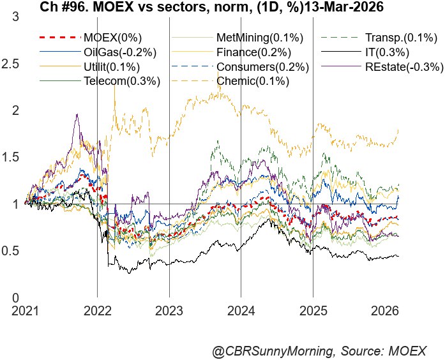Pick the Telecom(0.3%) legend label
pyautogui.click(x=121, y=81)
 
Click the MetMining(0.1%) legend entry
pyautogui.click(x=260, y=38)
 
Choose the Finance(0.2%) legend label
pyautogui.click(x=255, y=52)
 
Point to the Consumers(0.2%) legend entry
pyautogui.click(x=262, y=67)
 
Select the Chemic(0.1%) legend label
pyautogui.click(x=253, y=81)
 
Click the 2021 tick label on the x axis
pyautogui.click(x=25, y=311)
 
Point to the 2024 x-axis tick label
pyautogui.click(x=241, y=311)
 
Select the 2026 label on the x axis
pyautogui.click(x=385, y=311)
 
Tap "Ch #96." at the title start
pyautogui.click(x=64, y=8)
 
